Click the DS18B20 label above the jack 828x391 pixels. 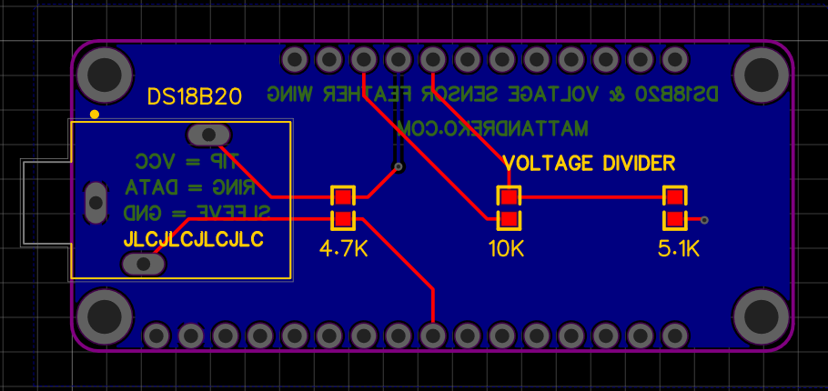195,97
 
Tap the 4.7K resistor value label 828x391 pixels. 344,248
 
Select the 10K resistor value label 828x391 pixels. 506,248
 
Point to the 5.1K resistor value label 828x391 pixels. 678,248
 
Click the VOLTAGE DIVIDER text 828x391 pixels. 590,164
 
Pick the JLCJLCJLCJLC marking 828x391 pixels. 193,240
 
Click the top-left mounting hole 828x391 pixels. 105,70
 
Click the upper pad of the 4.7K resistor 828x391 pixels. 343,196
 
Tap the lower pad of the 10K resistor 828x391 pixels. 509,218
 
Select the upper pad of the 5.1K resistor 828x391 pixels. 675,196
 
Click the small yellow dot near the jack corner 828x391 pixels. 95,115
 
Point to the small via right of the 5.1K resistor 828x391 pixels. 704,219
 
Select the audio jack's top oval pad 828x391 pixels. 209,135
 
